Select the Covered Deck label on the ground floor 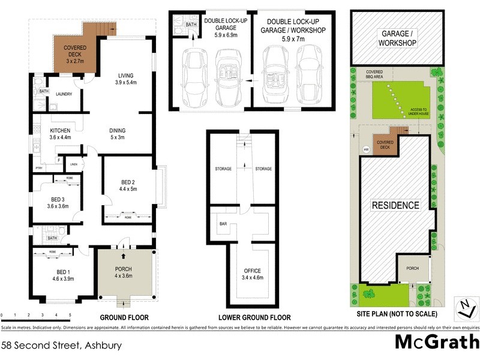(76, 53)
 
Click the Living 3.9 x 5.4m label (125, 79)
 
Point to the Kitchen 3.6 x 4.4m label (61, 134)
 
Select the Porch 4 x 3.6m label (123, 272)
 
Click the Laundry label (64, 94)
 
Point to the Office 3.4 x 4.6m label (252, 274)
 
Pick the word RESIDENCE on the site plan (395, 205)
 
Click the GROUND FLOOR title (125, 317)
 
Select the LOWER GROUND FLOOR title (254, 317)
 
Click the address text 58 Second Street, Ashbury (62, 345)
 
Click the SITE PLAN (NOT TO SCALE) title (395, 314)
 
